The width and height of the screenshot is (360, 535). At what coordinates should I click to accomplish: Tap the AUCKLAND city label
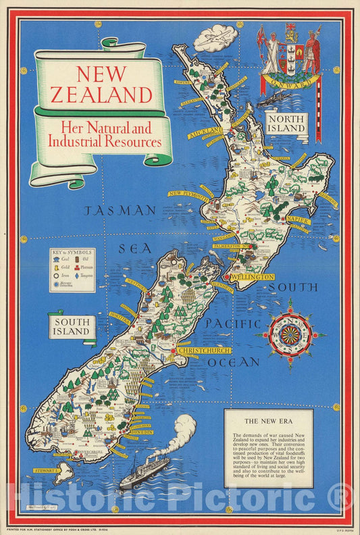click(x=205, y=131)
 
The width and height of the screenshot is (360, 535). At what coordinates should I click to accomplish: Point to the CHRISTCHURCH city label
click(x=203, y=351)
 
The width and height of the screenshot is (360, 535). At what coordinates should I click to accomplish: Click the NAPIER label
click(x=297, y=221)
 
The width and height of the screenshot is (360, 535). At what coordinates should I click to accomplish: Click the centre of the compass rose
click(x=290, y=334)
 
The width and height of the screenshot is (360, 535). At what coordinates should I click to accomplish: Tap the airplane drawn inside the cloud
click(x=215, y=37)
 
